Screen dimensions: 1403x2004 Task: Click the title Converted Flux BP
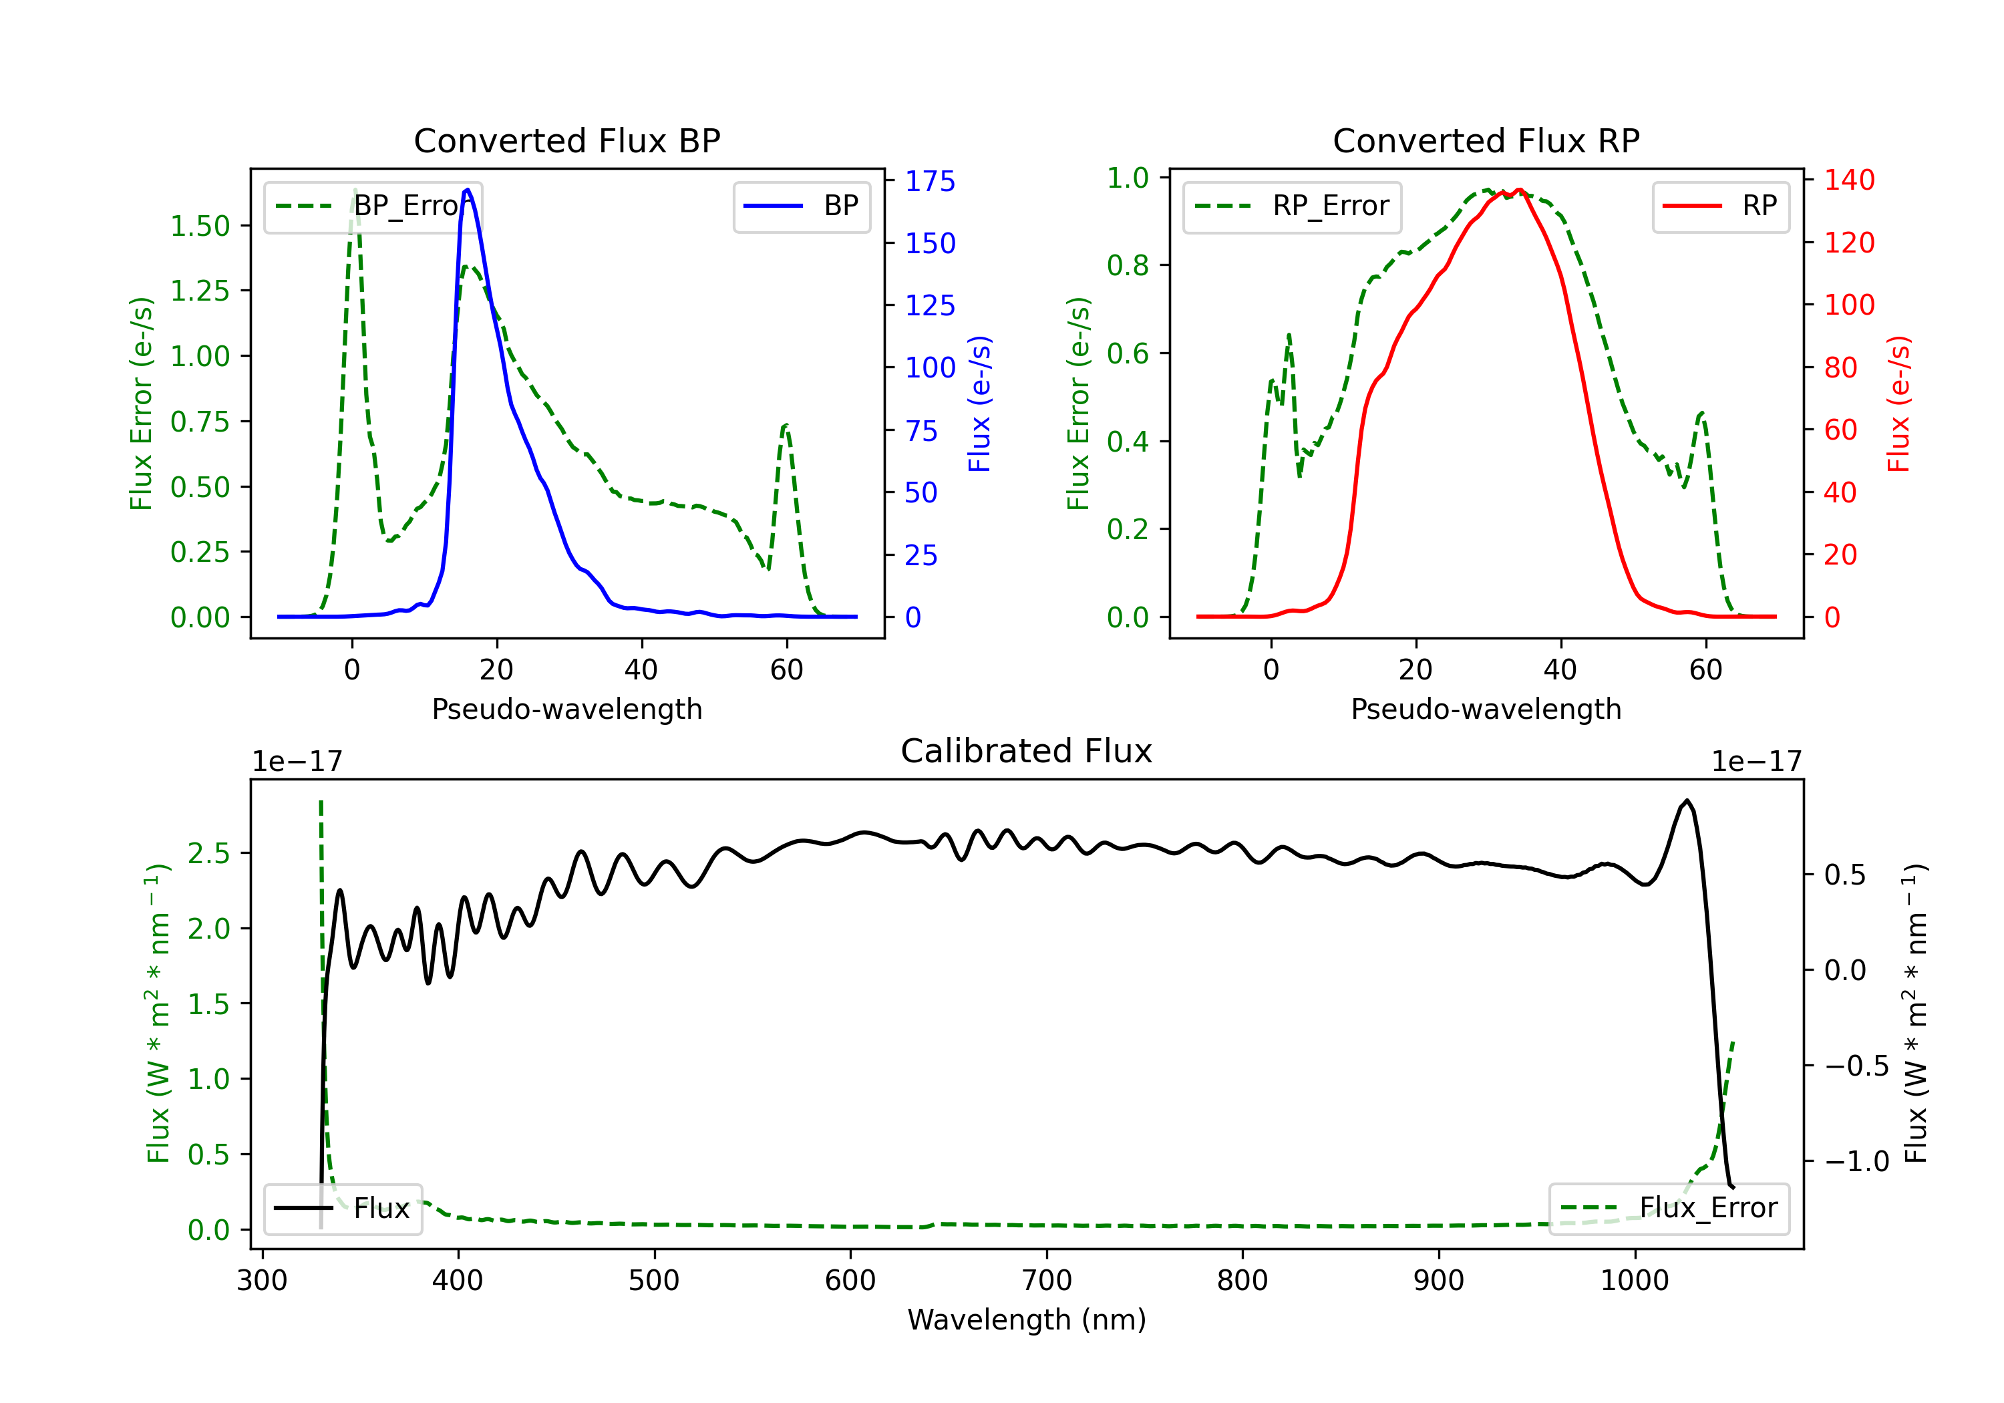[566, 140]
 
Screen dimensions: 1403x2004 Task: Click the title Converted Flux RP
[1486, 140]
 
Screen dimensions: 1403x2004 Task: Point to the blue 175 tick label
[930, 182]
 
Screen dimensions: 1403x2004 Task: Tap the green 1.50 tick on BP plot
[200, 226]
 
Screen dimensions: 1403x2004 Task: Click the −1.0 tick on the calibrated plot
[1856, 1162]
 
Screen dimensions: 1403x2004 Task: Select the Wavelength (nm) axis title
[1027, 1320]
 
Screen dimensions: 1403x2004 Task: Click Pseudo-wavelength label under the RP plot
[1486, 709]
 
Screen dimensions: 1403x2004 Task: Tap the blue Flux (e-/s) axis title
[979, 404]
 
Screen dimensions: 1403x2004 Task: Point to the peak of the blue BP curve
[468, 190]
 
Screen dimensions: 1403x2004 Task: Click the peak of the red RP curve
[1520, 190]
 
